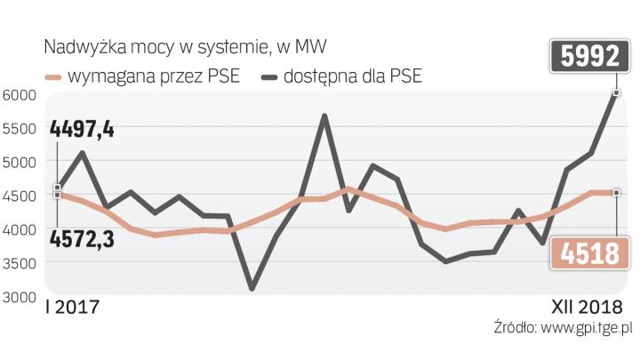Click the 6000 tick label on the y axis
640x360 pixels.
pos(19,95)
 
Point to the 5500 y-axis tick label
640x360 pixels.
pos(19,129)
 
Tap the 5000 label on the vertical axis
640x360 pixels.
pos(19,163)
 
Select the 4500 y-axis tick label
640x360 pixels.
pos(19,196)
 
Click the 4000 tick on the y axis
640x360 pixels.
pos(19,229)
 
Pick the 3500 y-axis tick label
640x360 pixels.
pos(19,263)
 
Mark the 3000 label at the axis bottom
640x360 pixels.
pos(19,297)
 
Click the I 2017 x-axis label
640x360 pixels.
pos(72,308)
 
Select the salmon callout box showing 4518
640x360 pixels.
pos(584,254)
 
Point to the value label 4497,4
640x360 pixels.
pos(82,130)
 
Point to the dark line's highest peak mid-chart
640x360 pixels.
pos(325,116)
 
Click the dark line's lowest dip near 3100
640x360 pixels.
pos(252,288)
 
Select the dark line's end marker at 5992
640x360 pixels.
pos(616,92)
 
